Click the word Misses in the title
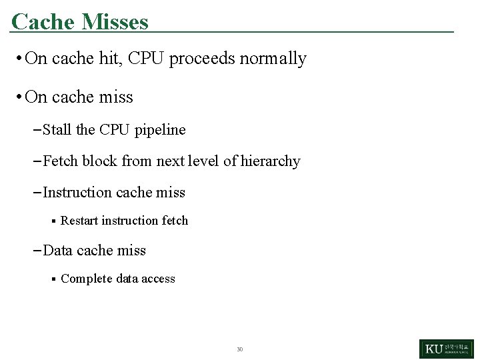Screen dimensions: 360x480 (115, 21)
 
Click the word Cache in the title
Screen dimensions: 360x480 (43, 21)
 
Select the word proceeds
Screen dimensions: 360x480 (202, 59)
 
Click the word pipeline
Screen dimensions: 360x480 (160, 130)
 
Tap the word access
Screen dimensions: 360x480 (158, 279)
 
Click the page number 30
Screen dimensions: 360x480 (240, 349)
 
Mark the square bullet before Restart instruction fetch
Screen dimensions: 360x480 (53, 221)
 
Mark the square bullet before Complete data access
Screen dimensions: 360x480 (53, 279)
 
